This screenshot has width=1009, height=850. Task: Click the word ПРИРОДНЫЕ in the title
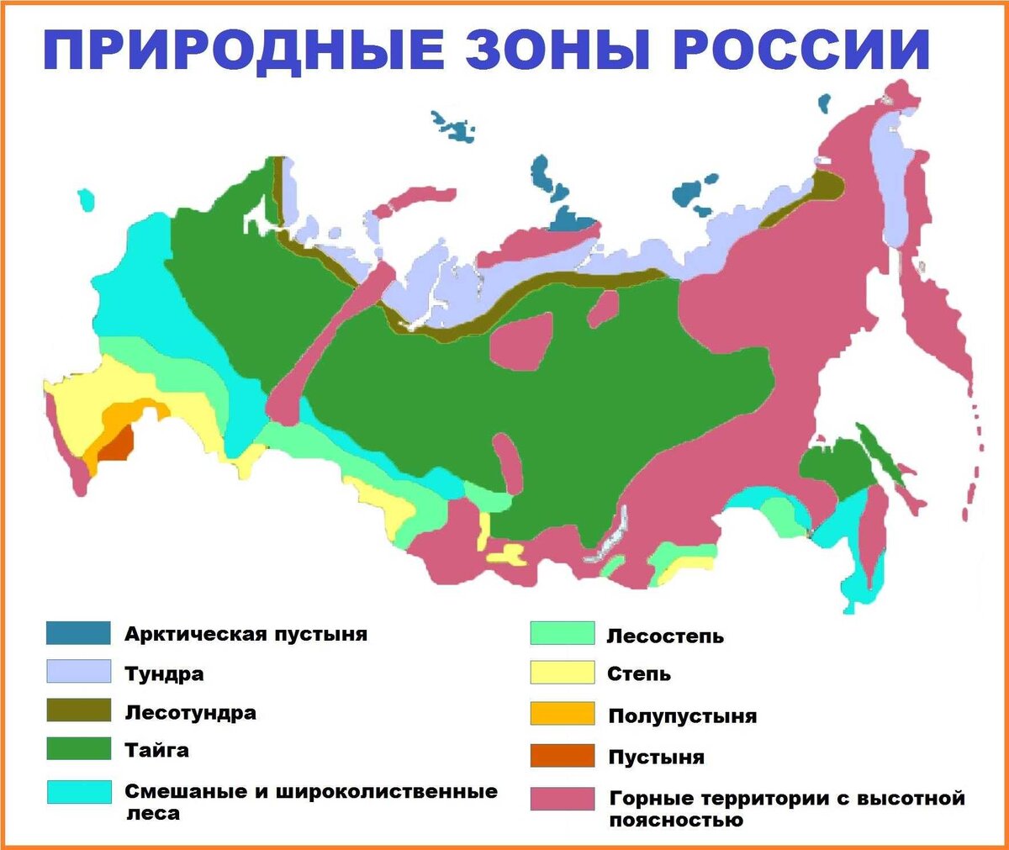point(243,50)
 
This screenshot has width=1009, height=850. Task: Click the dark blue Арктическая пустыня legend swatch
point(78,633)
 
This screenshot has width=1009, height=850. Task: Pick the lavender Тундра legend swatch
point(78,672)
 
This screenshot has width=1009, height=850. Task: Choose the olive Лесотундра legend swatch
point(78,710)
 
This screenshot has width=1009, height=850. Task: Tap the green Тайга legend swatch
point(78,748)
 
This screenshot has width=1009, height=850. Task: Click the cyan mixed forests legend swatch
point(78,792)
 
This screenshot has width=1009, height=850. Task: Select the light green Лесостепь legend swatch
point(562,634)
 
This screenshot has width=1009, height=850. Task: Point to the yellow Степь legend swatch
point(562,673)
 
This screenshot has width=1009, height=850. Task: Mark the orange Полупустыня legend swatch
point(562,714)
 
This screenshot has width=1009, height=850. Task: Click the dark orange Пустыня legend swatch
point(562,756)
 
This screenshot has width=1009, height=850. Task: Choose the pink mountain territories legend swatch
point(562,799)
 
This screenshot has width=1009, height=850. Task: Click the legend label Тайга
point(156,750)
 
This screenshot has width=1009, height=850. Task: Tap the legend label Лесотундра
point(190,713)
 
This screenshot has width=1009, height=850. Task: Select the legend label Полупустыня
point(682,716)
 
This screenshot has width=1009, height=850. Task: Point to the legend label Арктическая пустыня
point(246,634)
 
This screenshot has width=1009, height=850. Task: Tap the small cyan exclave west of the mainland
point(86,200)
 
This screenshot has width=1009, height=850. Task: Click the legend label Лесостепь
point(664,636)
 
